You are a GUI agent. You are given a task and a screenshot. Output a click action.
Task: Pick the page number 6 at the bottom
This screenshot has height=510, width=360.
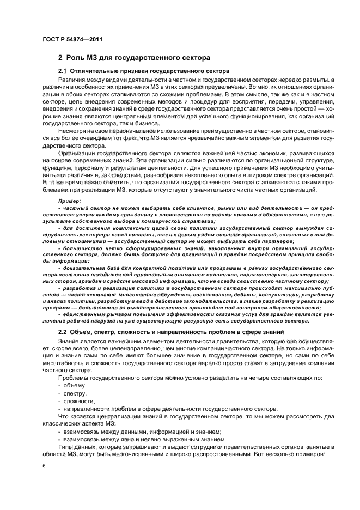point(44,467)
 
